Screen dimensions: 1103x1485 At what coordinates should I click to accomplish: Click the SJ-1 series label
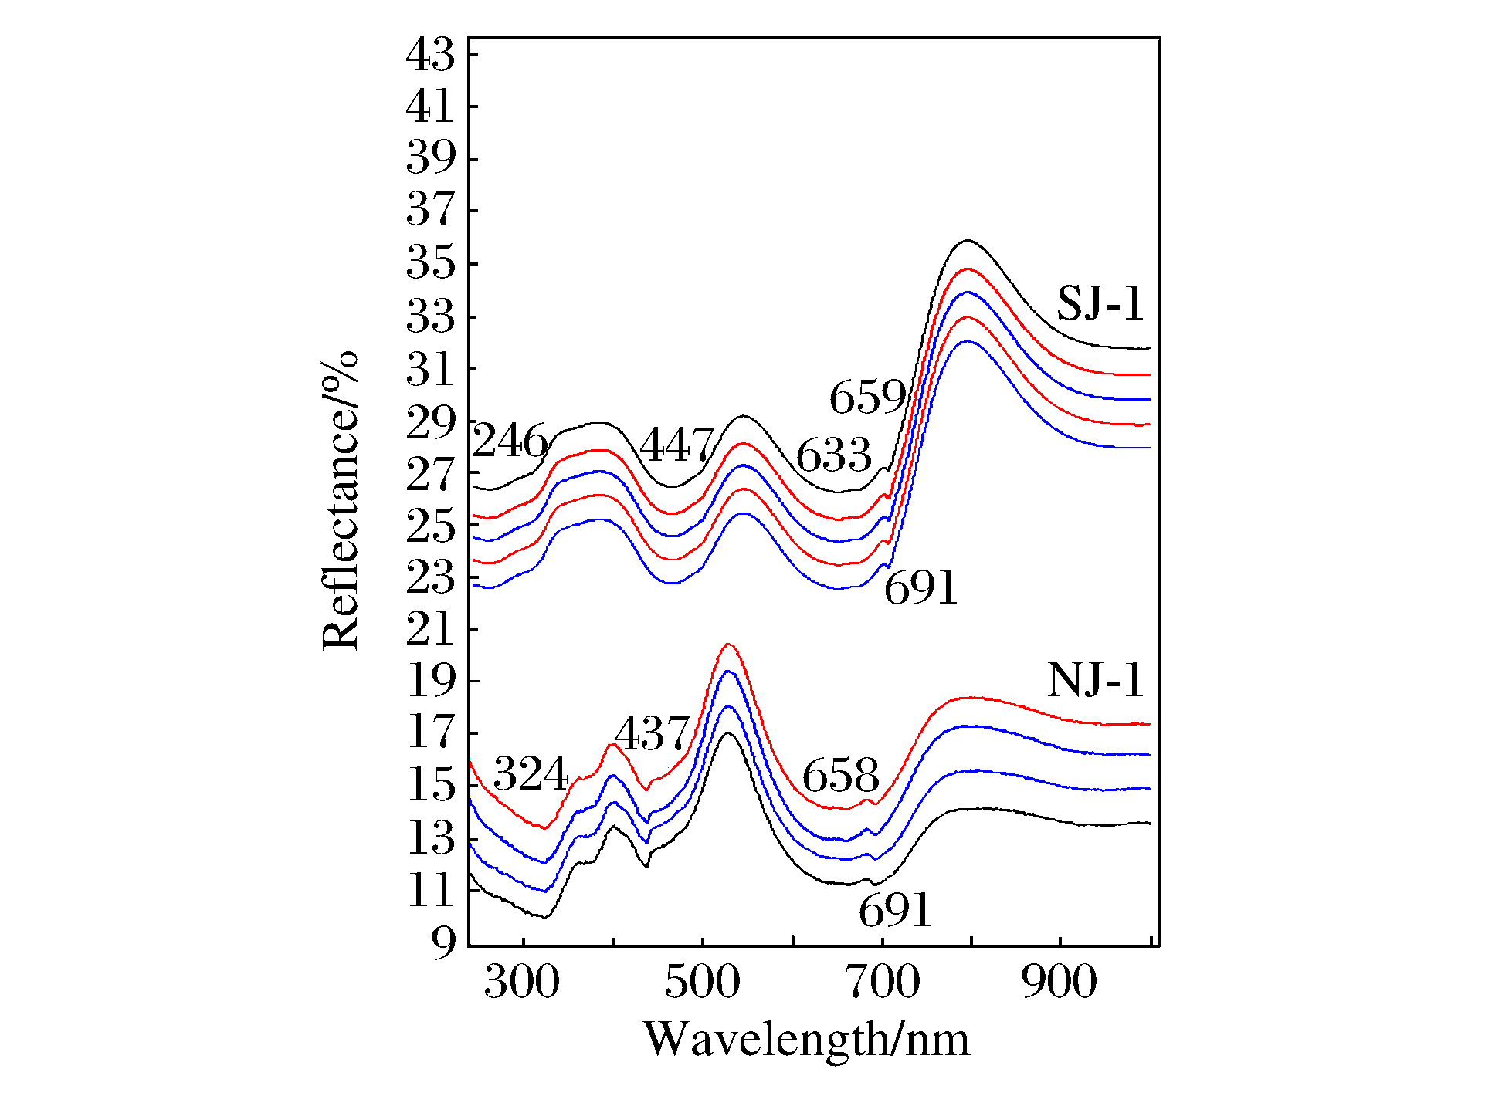pyautogui.click(x=1100, y=303)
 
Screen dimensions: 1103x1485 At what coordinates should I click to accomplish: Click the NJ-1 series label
pyautogui.click(x=1095, y=681)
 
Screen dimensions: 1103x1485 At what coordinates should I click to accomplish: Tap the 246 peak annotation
pyautogui.click(x=510, y=442)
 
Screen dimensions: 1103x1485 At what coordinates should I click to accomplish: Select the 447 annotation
pyautogui.click(x=677, y=445)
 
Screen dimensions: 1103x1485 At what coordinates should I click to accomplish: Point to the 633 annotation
pyautogui.click(x=833, y=455)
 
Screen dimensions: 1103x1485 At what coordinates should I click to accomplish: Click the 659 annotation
pyautogui.click(x=867, y=398)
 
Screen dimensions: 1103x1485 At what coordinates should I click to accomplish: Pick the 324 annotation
pyautogui.click(x=531, y=773)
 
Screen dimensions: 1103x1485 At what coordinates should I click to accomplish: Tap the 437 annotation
pyautogui.click(x=652, y=733)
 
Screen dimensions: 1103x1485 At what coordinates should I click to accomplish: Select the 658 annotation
pyautogui.click(x=840, y=775)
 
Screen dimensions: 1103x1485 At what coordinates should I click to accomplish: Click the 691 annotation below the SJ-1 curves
pyautogui.click(x=920, y=588)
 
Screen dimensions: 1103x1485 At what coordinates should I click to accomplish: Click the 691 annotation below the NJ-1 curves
pyautogui.click(x=896, y=911)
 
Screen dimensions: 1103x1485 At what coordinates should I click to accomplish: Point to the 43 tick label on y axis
pyautogui.click(x=431, y=55)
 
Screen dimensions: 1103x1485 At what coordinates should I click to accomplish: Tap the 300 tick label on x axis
pyautogui.click(x=522, y=983)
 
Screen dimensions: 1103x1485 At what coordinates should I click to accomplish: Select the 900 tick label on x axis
pyautogui.click(x=1059, y=983)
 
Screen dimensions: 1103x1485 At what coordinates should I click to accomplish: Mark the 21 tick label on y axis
pyautogui.click(x=431, y=630)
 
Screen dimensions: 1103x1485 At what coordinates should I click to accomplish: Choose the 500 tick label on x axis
pyautogui.click(x=702, y=983)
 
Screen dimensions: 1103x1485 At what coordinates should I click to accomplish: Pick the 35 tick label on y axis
pyautogui.click(x=431, y=263)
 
